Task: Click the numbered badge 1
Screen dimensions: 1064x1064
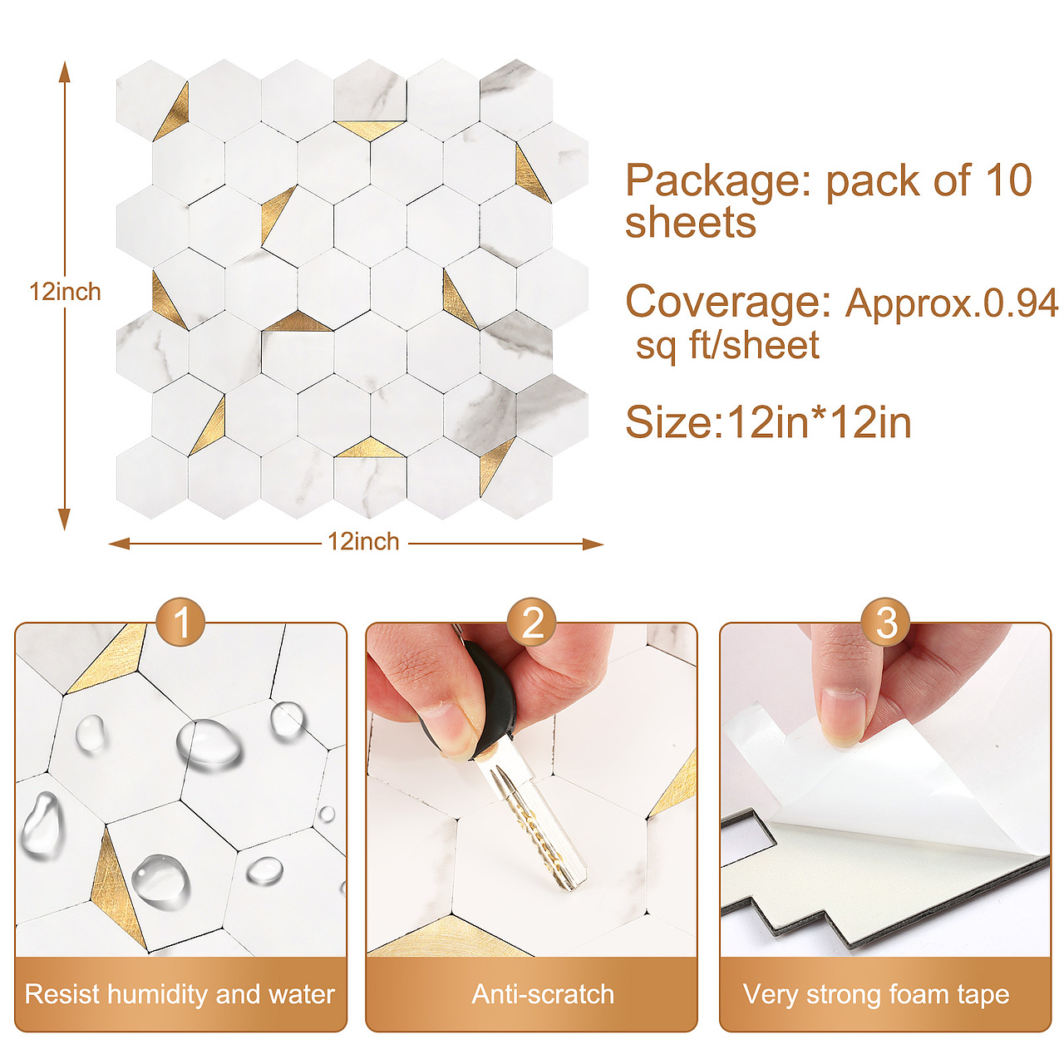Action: click(180, 623)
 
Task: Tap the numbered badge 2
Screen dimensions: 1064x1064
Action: click(532, 623)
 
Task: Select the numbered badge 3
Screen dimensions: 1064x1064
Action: click(885, 623)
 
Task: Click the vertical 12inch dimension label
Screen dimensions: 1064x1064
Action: click(65, 292)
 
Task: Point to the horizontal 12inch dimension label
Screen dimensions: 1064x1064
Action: click(363, 542)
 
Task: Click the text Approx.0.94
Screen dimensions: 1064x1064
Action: click(951, 303)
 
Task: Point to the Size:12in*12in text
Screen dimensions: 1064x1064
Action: click(768, 422)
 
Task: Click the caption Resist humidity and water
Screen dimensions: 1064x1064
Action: click(180, 994)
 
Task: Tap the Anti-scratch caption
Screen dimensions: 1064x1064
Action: click(543, 994)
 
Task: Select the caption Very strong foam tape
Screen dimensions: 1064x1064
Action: click(876, 995)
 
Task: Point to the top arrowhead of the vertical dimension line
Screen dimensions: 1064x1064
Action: click(65, 71)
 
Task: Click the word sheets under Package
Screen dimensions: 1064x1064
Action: click(690, 222)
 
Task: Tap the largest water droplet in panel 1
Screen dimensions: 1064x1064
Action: click(208, 745)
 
